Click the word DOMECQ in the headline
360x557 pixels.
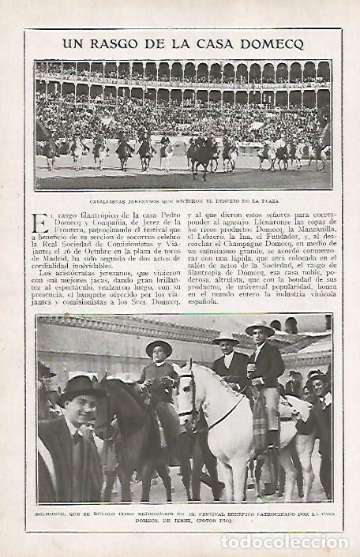click(270, 44)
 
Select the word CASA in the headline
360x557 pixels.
click(208, 44)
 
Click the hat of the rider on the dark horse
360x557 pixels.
click(159, 348)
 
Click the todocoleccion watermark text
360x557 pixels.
click(283, 542)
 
